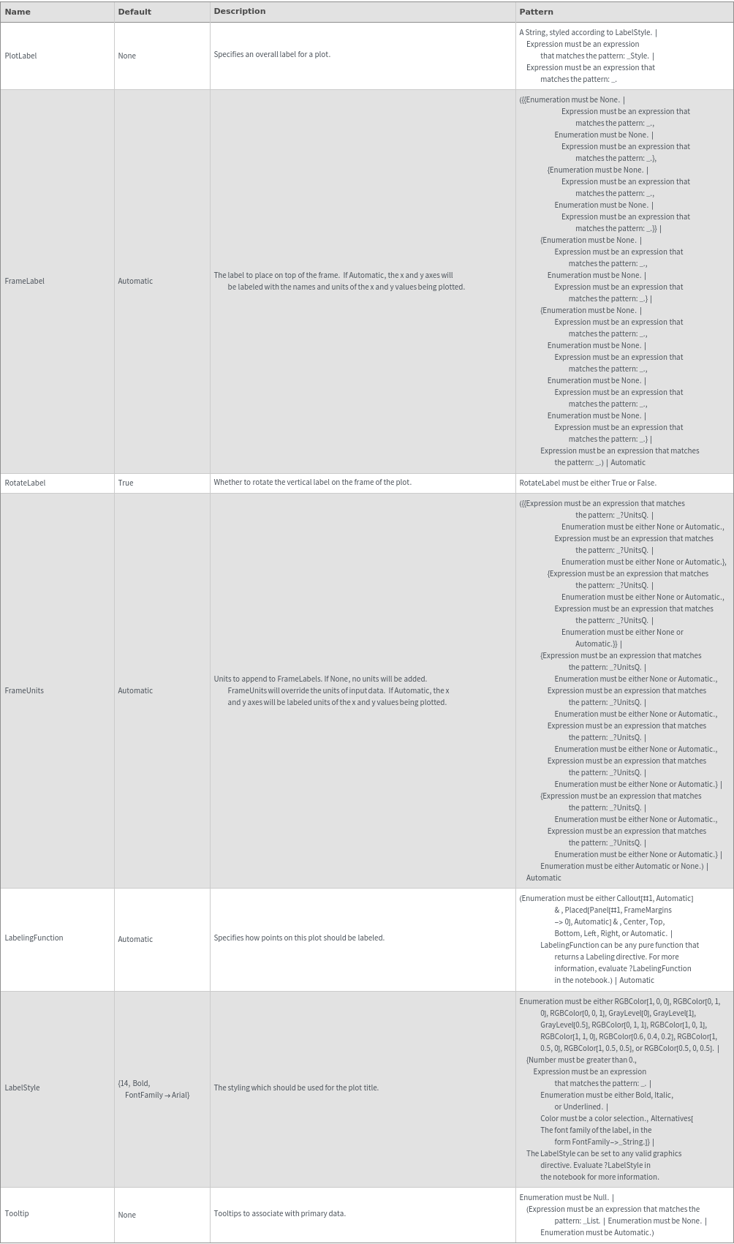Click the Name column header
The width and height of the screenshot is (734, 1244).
pos(18,12)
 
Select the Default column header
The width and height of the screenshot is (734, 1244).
pos(135,12)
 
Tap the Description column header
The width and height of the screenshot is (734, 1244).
pos(240,12)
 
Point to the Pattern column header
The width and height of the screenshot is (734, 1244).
pos(536,12)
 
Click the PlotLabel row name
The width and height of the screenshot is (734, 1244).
pos(20,56)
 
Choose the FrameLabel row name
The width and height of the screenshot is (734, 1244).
pos(24,281)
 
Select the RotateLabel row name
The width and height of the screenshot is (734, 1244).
pos(25,483)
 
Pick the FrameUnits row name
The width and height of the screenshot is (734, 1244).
pos(24,690)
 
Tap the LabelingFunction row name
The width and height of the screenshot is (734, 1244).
pos(34,938)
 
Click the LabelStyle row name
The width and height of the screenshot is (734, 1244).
pos(22,1087)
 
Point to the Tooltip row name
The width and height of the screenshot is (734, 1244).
pos(17,1213)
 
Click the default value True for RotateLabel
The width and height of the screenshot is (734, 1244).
pos(126,483)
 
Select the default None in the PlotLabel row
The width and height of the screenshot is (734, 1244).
pos(126,56)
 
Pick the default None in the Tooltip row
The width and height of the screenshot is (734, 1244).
pos(126,1215)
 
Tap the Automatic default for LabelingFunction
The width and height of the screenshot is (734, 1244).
pos(135,939)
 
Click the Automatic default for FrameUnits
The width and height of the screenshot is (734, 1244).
pos(135,690)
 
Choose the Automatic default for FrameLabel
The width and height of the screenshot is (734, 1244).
pos(135,281)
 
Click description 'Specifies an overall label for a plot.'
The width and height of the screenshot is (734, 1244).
pos(272,54)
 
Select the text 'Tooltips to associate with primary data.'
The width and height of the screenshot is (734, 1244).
pos(279,1213)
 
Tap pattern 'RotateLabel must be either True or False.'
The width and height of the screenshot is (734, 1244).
pos(588,483)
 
